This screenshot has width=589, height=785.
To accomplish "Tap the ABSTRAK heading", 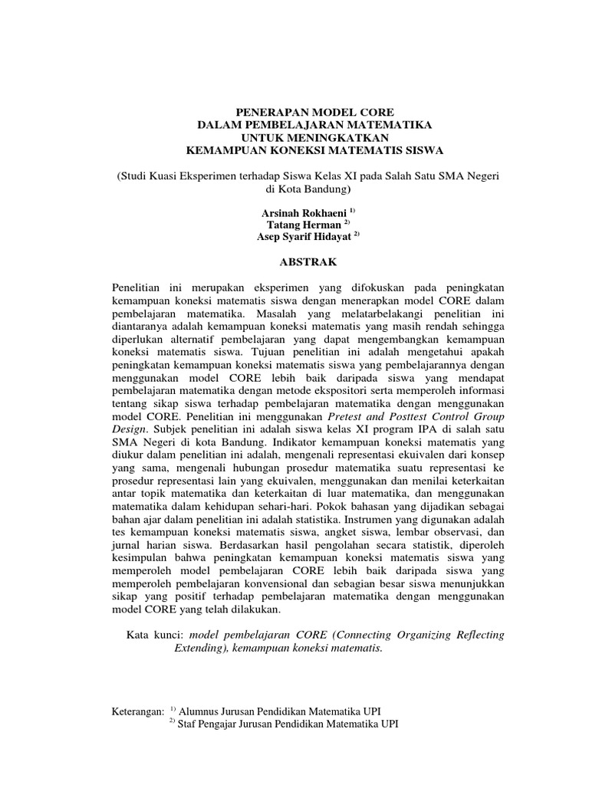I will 309,261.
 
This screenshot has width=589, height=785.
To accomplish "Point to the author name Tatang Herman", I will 303,224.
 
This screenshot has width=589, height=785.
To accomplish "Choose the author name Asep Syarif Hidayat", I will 303,237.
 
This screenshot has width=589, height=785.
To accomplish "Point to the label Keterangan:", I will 138,712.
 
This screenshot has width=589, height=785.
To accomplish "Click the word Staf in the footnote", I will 189,724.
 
